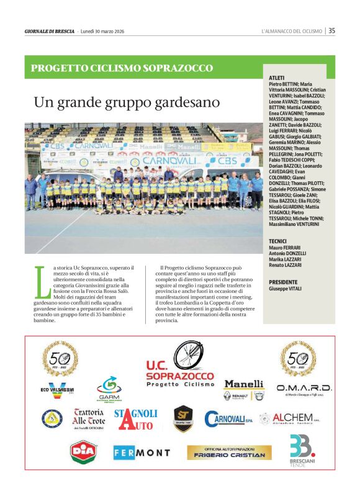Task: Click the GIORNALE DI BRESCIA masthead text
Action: [50, 31]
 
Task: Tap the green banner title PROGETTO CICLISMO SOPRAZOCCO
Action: [122, 68]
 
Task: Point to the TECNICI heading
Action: [277, 240]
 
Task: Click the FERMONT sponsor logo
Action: [142, 453]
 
